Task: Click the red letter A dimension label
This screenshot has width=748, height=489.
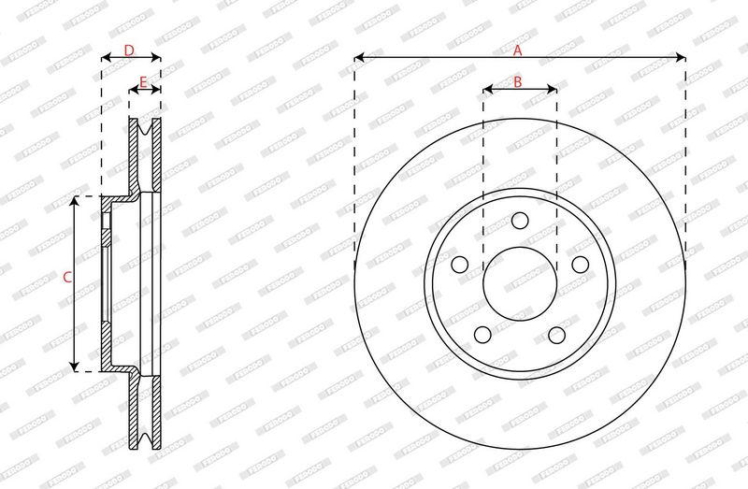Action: [x=518, y=51]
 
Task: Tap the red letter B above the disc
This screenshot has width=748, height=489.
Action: [x=518, y=82]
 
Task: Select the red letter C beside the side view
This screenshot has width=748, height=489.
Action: [x=66, y=277]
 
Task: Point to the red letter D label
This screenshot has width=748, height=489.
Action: [x=129, y=50]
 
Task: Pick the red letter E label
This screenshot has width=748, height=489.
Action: [x=143, y=83]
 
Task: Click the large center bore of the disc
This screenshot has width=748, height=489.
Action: [x=520, y=284]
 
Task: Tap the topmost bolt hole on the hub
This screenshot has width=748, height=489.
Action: [x=520, y=221]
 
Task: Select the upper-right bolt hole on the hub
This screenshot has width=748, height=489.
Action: [x=580, y=265]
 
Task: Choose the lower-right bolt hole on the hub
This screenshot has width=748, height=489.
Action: [x=557, y=335]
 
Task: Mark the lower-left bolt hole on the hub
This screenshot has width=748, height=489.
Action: [x=482, y=335]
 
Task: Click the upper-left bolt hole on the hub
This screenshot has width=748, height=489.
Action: [x=459, y=265]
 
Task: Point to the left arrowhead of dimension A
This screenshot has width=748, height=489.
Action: [x=358, y=58]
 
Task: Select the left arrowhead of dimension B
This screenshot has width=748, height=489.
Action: [x=486, y=90]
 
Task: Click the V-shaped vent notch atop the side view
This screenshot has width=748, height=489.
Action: [x=145, y=131]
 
